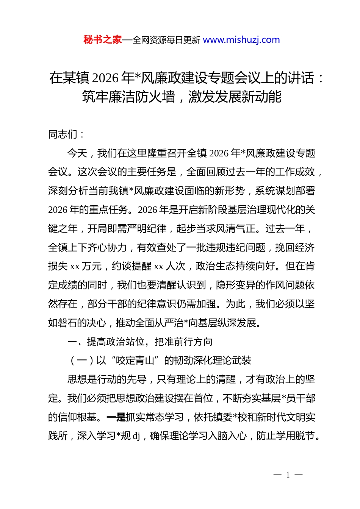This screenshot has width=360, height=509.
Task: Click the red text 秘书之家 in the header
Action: pyautogui.click(x=103, y=40)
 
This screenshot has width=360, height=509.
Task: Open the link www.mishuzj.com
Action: pyautogui.click(x=241, y=40)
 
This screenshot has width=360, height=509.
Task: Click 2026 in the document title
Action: pyautogui.click(x=105, y=78)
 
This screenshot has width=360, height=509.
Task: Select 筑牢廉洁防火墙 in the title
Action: pyautogui.click(x=128, y=97)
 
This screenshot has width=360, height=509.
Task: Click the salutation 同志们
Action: pyautogui.click(x=63, y=134)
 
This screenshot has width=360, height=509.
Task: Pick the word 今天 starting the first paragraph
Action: pyautogui.click(x=77, y=153)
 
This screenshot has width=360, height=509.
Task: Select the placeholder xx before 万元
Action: pyautogui.click(x=75, y=267)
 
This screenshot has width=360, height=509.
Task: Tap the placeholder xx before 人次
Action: pyautogui.click(x=159, y=267)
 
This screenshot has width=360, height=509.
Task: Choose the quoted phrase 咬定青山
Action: pyautogui.click(x=136, y=361)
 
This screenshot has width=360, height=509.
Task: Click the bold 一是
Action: pyautogui.click(x=116, y=417)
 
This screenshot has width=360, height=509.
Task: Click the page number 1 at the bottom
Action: pyautogui.click(x=288, y=475)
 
